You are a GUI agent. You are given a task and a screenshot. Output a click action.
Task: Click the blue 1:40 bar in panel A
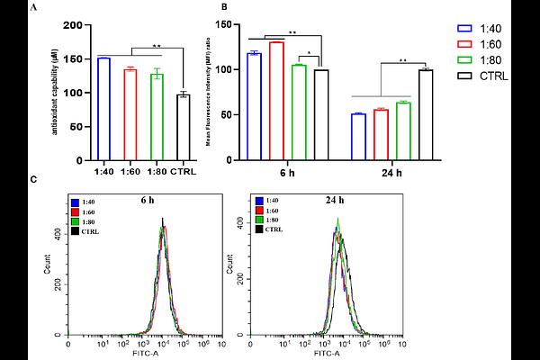(103, 108)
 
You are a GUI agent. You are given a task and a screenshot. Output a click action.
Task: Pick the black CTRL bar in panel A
(184, 127)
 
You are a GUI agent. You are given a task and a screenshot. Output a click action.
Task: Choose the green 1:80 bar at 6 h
(299, 112)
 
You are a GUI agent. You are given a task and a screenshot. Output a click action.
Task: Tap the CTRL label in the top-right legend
(493, 76)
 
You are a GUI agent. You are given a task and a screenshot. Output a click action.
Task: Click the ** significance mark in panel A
(157, 44)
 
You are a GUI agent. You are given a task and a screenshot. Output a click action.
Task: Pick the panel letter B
(222, 7)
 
